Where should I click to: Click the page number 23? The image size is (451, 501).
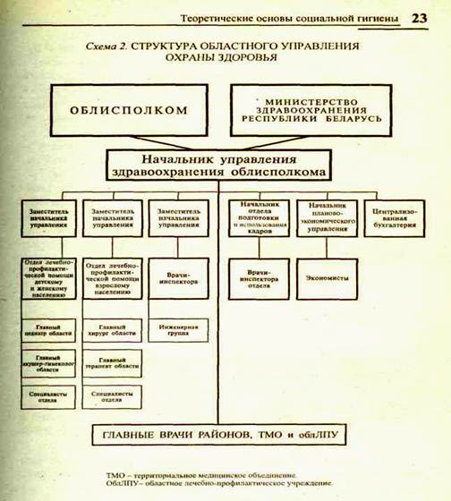tap(419, 17)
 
